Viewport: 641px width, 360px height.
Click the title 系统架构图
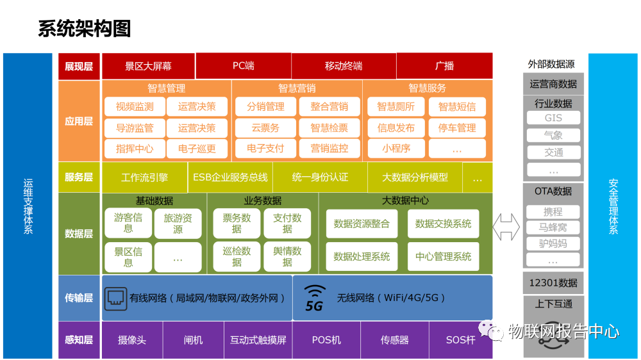click(84, 29)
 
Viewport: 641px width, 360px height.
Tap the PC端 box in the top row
click(243, 66)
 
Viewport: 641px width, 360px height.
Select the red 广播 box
click(444, 66)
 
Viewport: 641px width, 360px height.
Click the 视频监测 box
click(135, 107)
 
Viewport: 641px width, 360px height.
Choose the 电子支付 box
click(265, 148)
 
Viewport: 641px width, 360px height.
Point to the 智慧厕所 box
click(395, 107)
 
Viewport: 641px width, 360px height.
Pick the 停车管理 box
click(457, 127)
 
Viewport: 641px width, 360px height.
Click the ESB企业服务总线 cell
click(230, 177)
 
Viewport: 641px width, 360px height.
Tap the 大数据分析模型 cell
click(415, 177)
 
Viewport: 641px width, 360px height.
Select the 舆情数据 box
click(287, 256)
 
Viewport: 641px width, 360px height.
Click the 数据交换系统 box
click(443, 224)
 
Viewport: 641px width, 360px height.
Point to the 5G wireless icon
click(313, 299)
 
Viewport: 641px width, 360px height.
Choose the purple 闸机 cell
click(193, 340)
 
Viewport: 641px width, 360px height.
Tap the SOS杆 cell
click(460, 340)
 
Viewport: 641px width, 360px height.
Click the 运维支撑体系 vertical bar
click(28, 205)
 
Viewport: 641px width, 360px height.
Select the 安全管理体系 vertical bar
click(613, 205)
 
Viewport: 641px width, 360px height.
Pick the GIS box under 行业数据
click(553, 118)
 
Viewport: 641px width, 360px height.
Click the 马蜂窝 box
click(553, 227)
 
